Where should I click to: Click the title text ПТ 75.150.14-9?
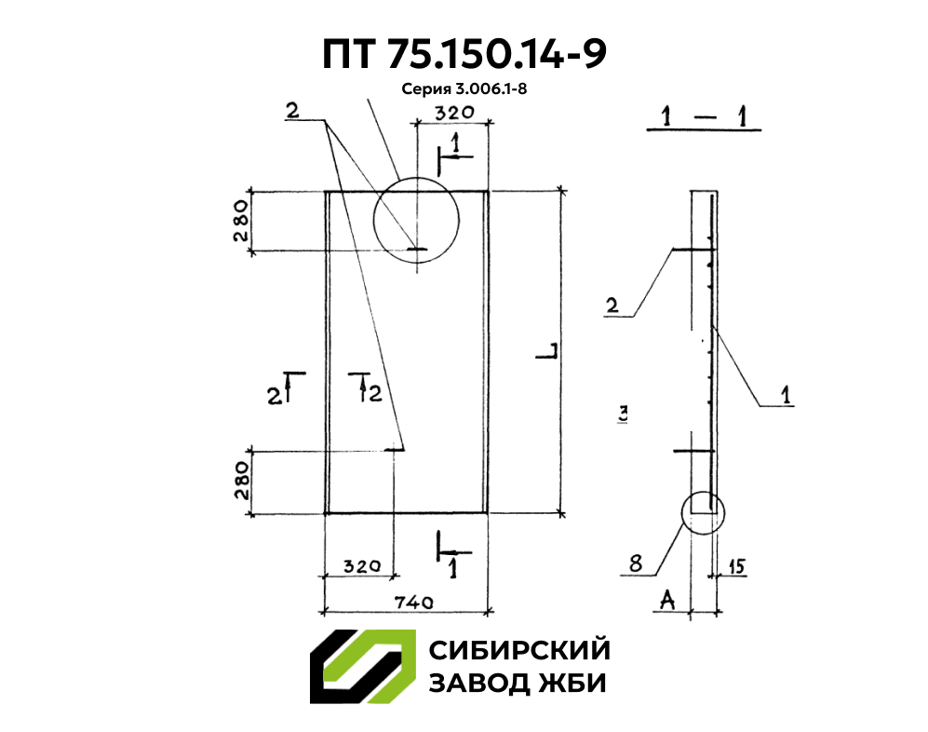click(464, 55)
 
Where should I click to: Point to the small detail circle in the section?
click(702, 512)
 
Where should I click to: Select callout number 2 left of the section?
click(612, 305)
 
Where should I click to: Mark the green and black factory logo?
click(362, 666)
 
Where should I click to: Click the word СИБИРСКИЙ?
click(518, 649)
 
